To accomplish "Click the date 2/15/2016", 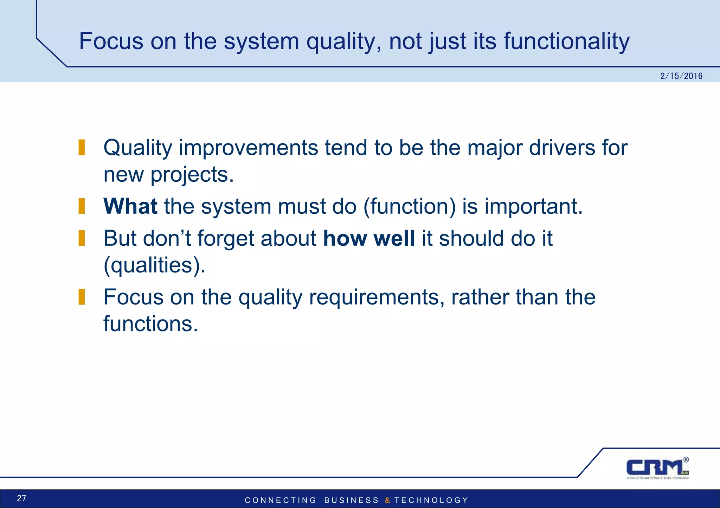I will [x=681, y=76].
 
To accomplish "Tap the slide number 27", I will [x=21, y=498].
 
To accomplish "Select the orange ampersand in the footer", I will [x=387, y=500].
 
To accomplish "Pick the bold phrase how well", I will [x=369, y=238].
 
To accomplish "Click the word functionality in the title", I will [x=566, y=41].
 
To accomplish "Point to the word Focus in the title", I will [x=111, y=41].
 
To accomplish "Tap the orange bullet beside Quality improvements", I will [x=82, y=148].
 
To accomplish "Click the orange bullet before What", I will [x=82, y=206].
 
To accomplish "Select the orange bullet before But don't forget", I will [x=82, y=238].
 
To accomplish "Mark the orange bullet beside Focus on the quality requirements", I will [x=82, y=297].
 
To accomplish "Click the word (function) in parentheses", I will [x=409, y=206].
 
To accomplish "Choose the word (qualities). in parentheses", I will [x=154, y=265].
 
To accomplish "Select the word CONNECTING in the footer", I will [x=281, y=500].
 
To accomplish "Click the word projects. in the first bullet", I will [x=192, y=175].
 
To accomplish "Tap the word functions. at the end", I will [x=151, y=324].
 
